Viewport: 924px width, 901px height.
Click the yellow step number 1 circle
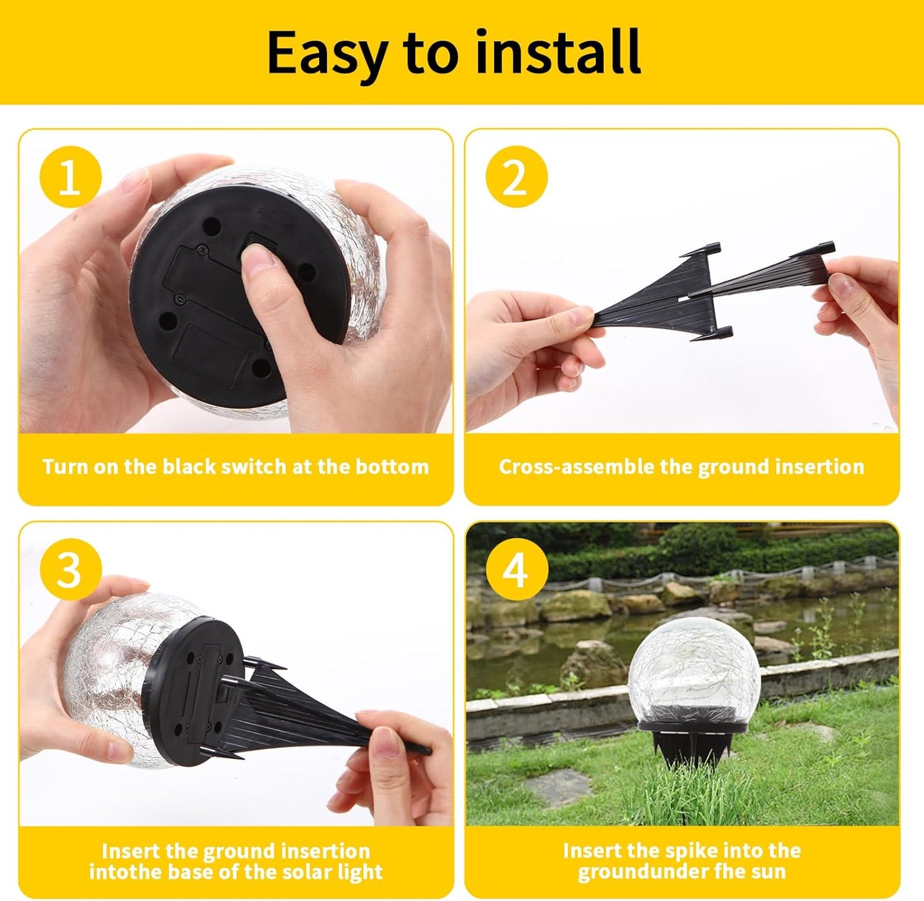click(70, 176)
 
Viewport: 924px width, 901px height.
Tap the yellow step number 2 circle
click(517, 176)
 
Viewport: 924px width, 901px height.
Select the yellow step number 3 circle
click(70, 568)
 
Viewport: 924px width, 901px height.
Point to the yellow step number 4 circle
click(517, 568)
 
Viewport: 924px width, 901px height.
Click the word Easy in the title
click(327, 52)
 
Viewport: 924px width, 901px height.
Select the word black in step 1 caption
click(189, 467)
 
